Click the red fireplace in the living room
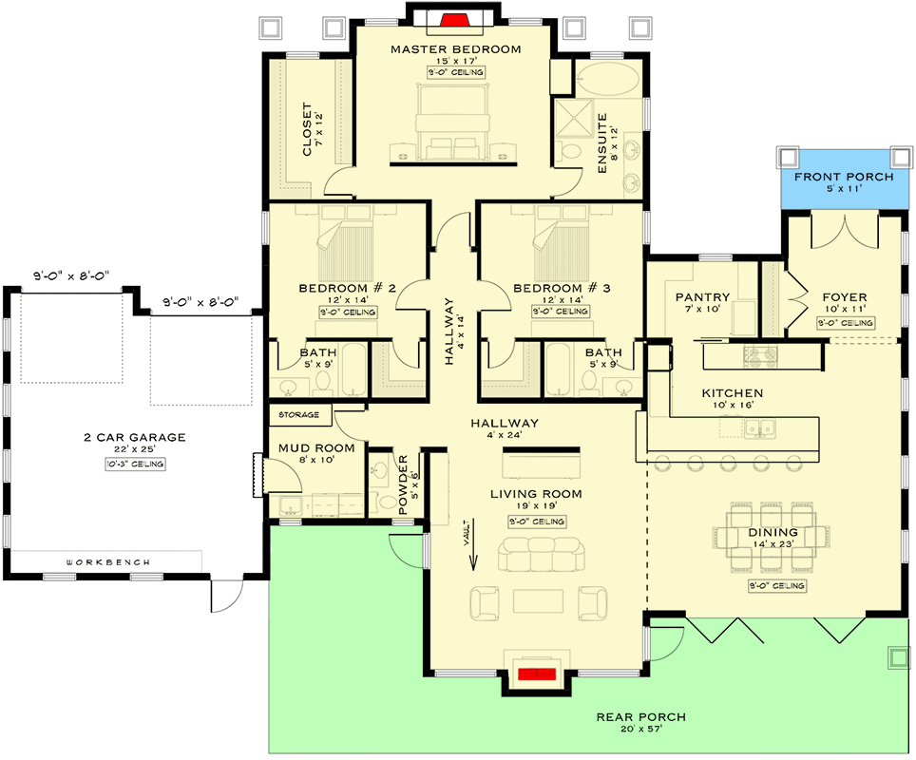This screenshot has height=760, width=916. point(539,674)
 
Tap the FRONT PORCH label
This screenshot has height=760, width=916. point(844,178)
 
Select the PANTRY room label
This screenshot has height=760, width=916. point(702,296)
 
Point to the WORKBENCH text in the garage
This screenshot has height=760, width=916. point(107,562)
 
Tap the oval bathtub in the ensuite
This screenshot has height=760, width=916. point(609,80)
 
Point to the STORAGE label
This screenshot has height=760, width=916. point(298,415)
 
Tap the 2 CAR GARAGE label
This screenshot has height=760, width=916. point(135,438)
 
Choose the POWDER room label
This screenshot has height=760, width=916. point(402,484)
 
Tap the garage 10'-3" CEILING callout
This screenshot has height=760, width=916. point(135,464)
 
